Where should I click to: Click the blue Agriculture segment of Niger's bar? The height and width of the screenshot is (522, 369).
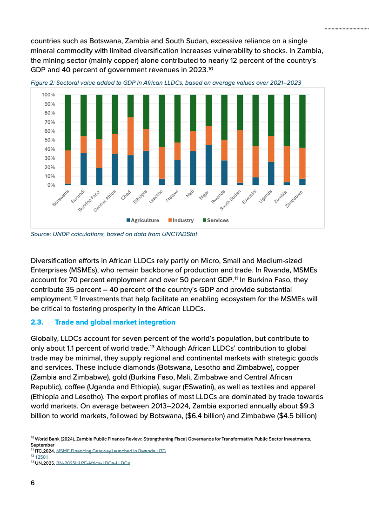[x=209, y=165]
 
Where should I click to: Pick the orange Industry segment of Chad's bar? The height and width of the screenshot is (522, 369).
[x=130, y=136]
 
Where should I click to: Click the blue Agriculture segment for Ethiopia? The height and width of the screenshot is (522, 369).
[x=146, y=168]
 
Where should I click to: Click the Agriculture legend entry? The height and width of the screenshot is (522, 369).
[x=142, y=220]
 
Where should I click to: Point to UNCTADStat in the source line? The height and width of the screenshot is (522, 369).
[x=179, y=234]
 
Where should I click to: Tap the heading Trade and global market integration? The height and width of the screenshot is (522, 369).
[x=115, y=322]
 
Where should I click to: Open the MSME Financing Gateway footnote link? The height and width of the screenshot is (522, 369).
[x=111, y=451]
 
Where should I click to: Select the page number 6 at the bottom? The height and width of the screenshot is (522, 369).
[x=33, y=482]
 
